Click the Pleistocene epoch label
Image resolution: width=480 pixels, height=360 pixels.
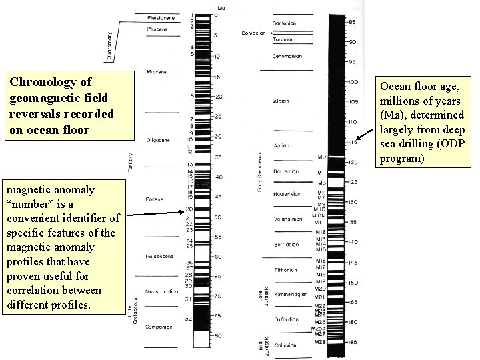click(x=161, y=18)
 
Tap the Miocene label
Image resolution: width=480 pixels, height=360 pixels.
click(x=157, y=71)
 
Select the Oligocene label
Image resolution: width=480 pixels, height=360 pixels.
click(x=159, y=139)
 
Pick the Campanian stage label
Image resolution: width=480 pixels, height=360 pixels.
click(x=159, y=327)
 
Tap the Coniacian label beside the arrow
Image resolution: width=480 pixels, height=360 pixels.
click(x=254, y=32)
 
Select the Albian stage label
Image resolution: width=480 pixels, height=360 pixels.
click(x=281, y=101)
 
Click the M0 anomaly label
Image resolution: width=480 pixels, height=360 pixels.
click(x=321, y=157)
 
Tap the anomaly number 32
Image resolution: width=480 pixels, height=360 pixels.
click(x=189, y=319)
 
